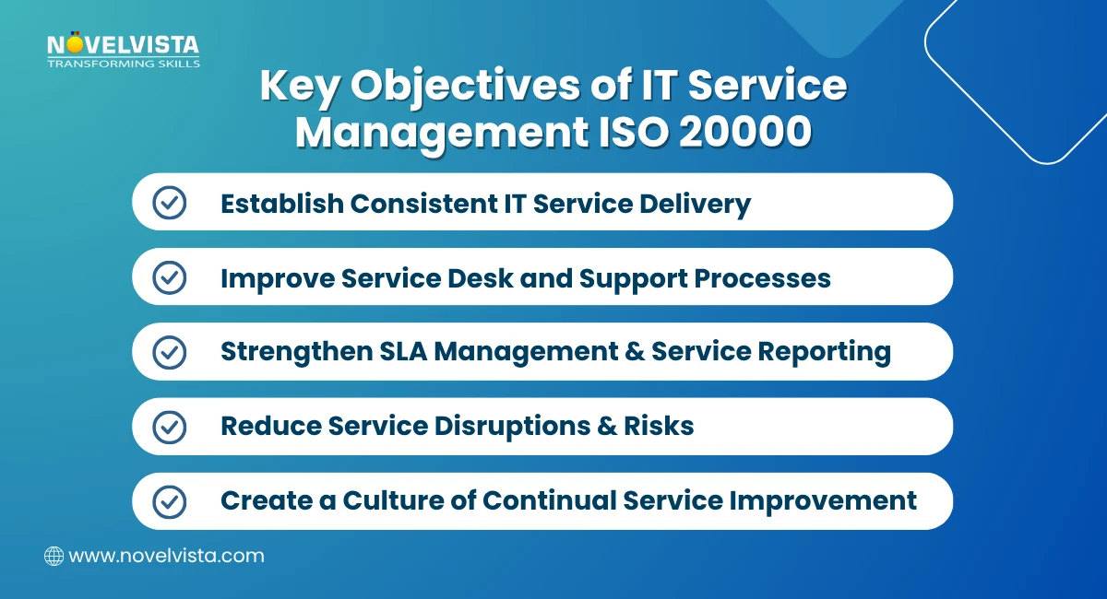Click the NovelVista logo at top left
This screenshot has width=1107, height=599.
tap(123, 45)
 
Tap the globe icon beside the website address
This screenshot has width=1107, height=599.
tap(54, 556)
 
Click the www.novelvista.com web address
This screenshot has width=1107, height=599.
tap(167, 556)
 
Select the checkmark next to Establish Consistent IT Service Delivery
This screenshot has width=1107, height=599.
tap(169, 203)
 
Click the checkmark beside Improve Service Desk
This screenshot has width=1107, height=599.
tap(169, 277)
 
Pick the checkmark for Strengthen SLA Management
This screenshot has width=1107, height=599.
tap(169, 352)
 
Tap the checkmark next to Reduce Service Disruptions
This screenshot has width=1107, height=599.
tap(169, 427)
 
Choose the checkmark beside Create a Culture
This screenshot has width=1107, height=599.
tap(169, 501)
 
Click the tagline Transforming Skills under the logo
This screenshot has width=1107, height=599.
tap(123, 64)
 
